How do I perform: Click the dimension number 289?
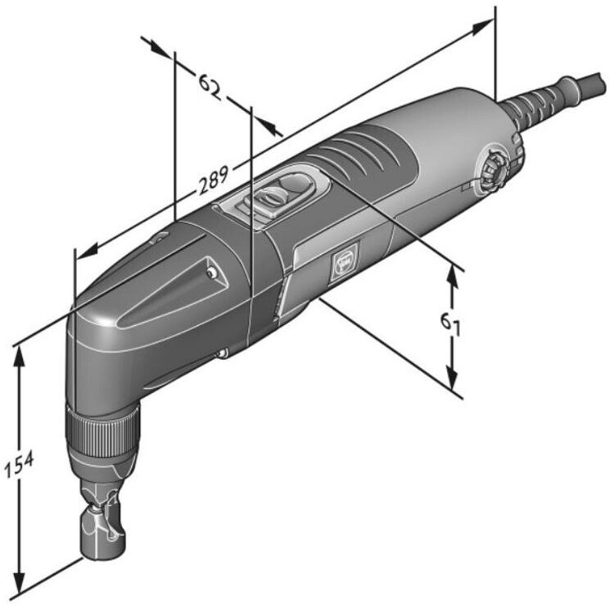pos(213,180)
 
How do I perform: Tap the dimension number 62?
pos(210,87)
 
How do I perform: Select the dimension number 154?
pos(19,465)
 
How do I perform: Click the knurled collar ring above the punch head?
pos(101,432)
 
